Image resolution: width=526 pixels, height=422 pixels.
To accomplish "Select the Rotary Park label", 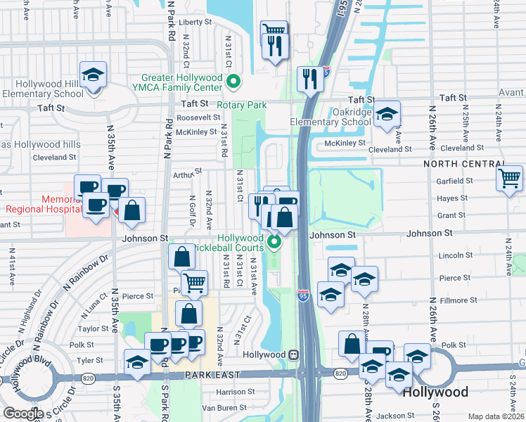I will point(241,105).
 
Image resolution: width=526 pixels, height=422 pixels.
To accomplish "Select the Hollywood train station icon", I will point(294,354).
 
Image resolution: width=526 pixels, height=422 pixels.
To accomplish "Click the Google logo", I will point(23,413).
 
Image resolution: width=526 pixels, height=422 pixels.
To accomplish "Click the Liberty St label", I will point(195,22).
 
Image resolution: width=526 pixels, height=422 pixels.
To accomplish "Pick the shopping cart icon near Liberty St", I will point(274,31).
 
